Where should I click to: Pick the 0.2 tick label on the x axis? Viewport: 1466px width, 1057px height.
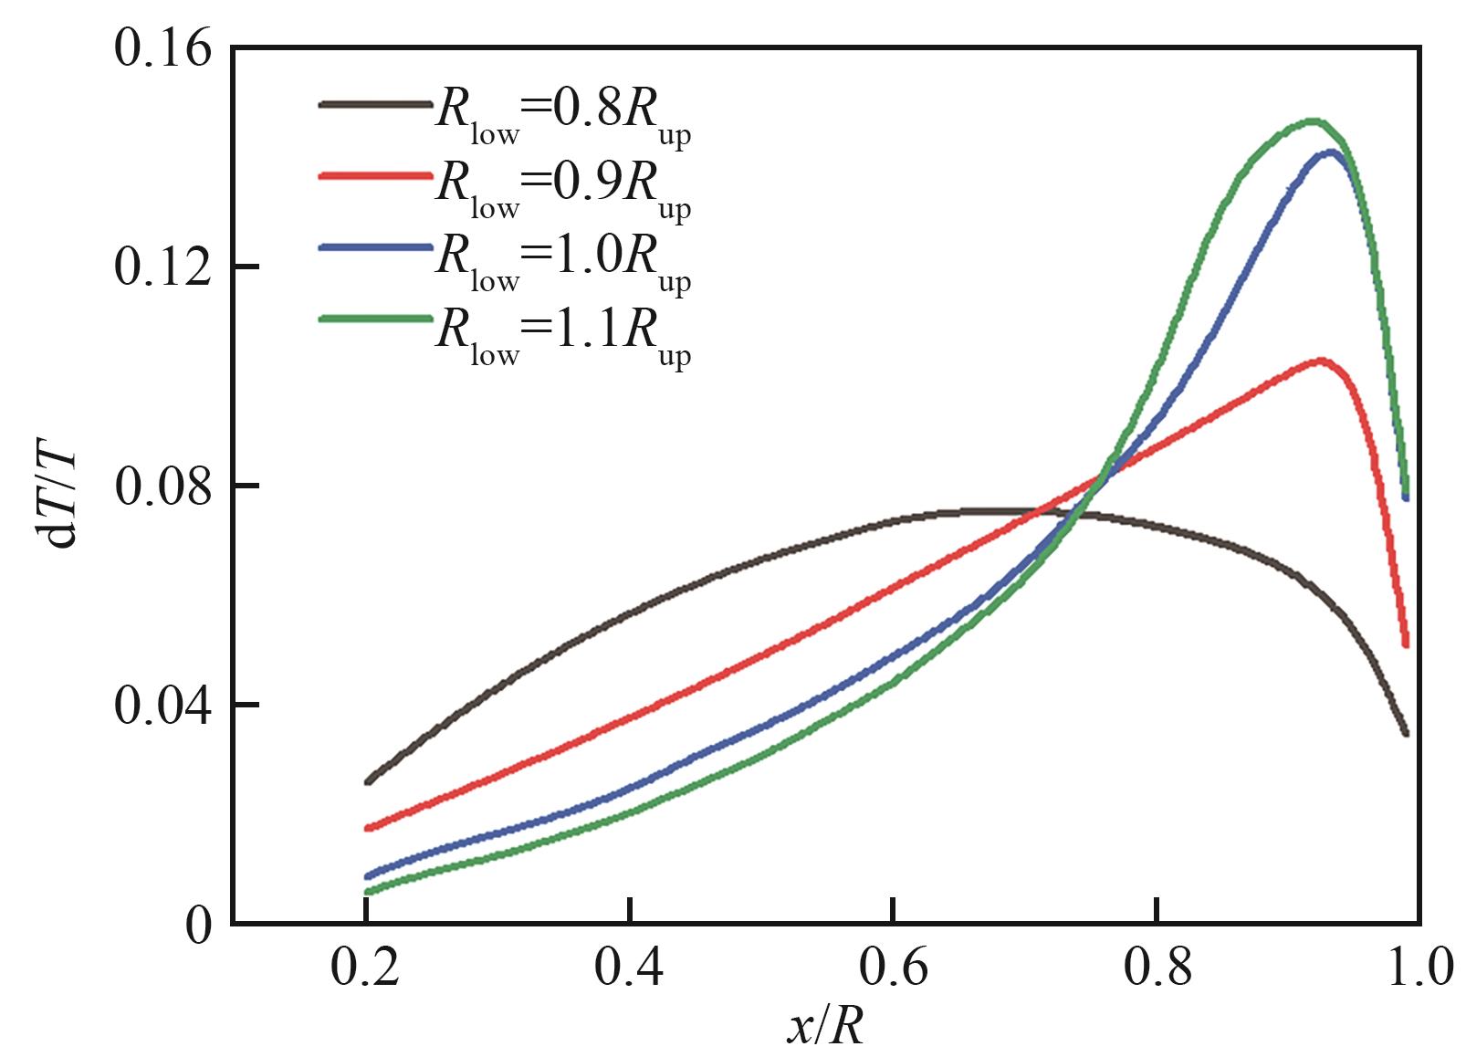(x=365, y=970)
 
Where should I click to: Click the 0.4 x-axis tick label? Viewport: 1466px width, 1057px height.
(x=629, y=970)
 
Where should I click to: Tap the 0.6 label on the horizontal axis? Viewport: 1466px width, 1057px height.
(x=893, y=970)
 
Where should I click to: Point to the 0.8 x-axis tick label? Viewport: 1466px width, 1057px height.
(x=1157, y=970)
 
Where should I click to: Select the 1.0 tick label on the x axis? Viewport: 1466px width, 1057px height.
(x=1419, y=970)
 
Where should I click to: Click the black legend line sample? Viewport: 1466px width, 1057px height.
(x=375, y=105)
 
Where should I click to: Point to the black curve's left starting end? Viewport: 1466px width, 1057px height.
(x=367, y=782)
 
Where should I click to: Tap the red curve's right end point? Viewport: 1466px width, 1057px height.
(x=1406, y=644)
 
